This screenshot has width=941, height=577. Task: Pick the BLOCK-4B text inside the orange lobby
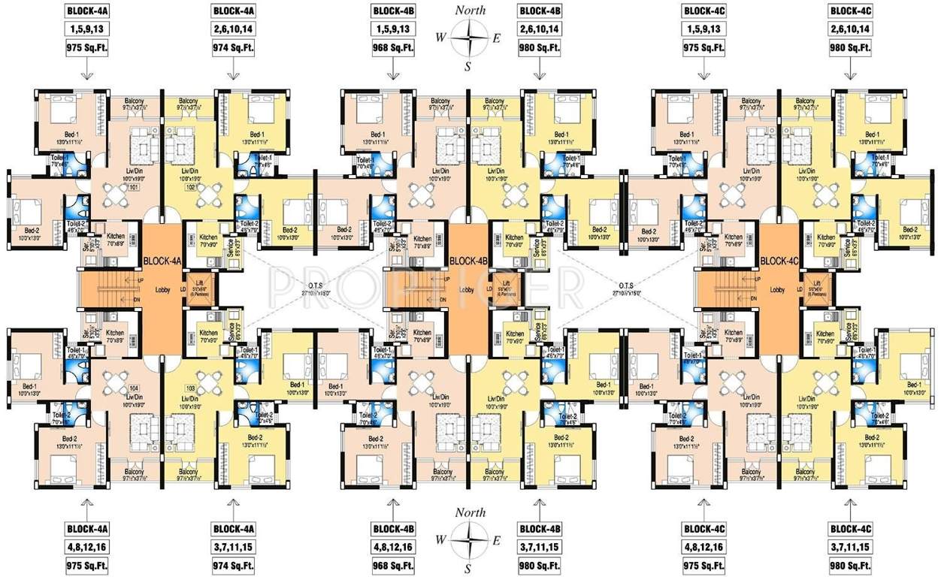click(469, 261)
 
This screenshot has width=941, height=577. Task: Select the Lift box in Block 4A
click(200, 290)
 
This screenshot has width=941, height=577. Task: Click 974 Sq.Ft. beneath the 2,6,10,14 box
click(234, 47)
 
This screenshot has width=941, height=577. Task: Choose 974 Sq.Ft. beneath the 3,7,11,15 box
click(234, 564)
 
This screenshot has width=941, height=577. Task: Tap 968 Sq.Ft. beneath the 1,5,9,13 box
click(392, 47)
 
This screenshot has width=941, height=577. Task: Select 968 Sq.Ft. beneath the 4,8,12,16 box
click(392, 564)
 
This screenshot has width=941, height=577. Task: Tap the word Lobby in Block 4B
click(466, 289)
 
